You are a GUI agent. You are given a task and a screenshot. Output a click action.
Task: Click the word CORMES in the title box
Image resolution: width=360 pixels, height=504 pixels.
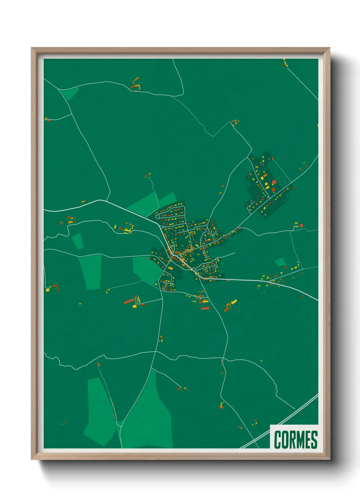pyautogui.click(x=295, y=440)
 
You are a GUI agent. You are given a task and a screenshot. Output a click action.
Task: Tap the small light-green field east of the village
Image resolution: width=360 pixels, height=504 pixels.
pyautogui.click(x=280, y=262)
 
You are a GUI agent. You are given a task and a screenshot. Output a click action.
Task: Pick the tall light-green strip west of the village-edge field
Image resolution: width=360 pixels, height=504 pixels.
pyautogui.click(x=91, y=272)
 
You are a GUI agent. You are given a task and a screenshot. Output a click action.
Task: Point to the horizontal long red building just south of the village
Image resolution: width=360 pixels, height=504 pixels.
pyautogui.click(x=205, y=309)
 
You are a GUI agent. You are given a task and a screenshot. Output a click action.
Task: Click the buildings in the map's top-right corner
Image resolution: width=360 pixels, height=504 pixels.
pyautogui.click(x=284, y=63)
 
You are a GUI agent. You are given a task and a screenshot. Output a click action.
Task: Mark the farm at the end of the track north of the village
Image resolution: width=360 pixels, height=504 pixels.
pyautogui.click(x=147, y=175)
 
